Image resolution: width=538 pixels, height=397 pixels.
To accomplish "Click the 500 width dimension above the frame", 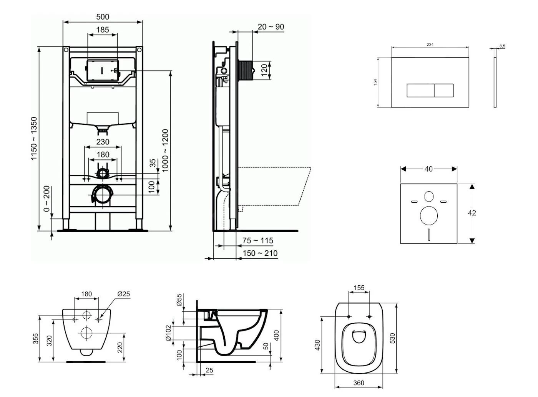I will tap(103, 17).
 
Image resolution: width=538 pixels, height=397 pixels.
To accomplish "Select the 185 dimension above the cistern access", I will tap(103, 30).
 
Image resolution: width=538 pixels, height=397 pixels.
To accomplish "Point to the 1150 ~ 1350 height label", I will tap(35, 139).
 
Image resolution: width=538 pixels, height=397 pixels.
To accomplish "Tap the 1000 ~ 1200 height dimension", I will tap(165, 151).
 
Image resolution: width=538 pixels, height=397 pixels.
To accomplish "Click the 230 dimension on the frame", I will tap(103, 142).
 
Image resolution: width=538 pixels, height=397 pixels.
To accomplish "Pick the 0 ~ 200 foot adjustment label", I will tap(46, 199).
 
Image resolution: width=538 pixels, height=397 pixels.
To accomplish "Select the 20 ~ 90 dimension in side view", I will tap(271, 27).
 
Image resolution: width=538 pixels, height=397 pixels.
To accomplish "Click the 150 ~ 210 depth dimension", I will tap(260, 253).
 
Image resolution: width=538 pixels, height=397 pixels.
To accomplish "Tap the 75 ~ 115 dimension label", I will tap(257, 241).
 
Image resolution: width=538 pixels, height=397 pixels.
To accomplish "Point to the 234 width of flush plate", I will tap(430, 45).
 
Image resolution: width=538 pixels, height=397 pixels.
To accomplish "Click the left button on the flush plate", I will tap(420, 91).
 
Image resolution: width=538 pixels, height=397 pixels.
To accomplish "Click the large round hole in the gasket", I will tap(429, 215).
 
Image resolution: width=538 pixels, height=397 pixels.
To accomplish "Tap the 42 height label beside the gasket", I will tap(472, 213).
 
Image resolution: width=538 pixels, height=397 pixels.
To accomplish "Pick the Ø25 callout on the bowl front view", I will tap(124, 294).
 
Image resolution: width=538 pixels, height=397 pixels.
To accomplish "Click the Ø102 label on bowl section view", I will tap(168, 333).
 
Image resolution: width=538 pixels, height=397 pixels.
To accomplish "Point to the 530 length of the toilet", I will tap(392, 338).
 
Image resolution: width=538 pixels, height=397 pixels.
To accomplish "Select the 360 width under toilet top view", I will tap(359, 383).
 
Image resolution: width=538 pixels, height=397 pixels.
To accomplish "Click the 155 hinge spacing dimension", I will tap(359, 288).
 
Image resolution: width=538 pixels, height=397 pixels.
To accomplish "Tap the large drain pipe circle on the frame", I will tap(103, 195).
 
